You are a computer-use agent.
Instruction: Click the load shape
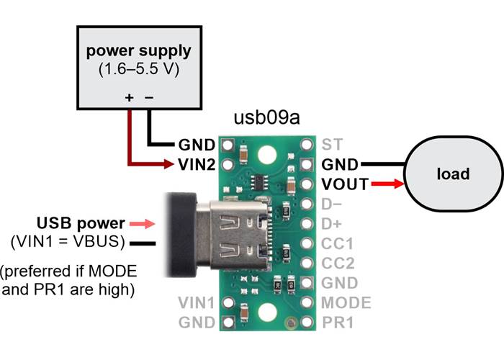coord(453,174)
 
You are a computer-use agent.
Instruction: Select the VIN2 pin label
coord(195,165)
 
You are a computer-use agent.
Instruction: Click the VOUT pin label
coord(345,185)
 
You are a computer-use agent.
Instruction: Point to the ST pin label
coord(332,144)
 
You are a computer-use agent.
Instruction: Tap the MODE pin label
coord(346,303)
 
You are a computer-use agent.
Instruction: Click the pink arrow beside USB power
coord(143,223)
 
